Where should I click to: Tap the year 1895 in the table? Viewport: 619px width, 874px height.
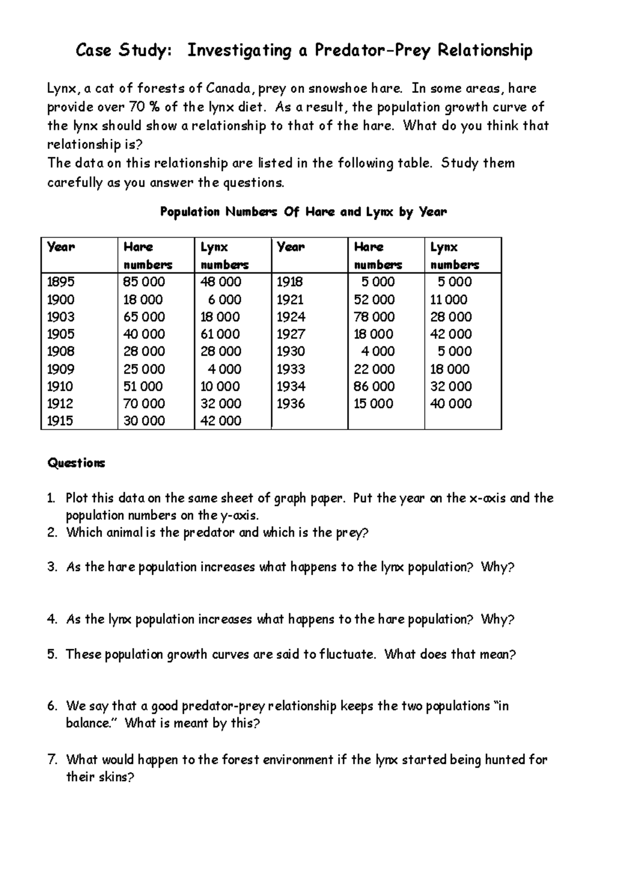(x=61, y=282)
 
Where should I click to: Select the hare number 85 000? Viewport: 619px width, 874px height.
(x=144, y=282)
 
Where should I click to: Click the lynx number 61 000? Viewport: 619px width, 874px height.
(x=220, y=334)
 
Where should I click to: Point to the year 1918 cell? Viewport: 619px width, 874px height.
(x=290, y=282)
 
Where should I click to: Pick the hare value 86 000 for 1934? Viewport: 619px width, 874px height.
(x=374, y=386)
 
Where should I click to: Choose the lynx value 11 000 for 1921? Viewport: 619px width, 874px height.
(x=449, y=299)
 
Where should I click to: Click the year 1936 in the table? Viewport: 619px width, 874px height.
(x=291, y=404)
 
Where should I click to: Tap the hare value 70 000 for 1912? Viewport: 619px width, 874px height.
(x=144, y=404)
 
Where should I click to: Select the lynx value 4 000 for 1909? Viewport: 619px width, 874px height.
(x=224, y=369)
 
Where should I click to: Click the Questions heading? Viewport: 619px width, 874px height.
(x=76, y=463)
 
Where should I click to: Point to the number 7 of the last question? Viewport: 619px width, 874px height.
(x=51, y=760)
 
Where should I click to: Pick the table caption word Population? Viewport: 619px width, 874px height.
(x=190, y=212)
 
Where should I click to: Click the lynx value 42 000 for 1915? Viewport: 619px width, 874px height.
(x=221, y=421)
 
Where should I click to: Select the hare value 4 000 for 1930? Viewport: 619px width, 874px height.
(x=378, y=351)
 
